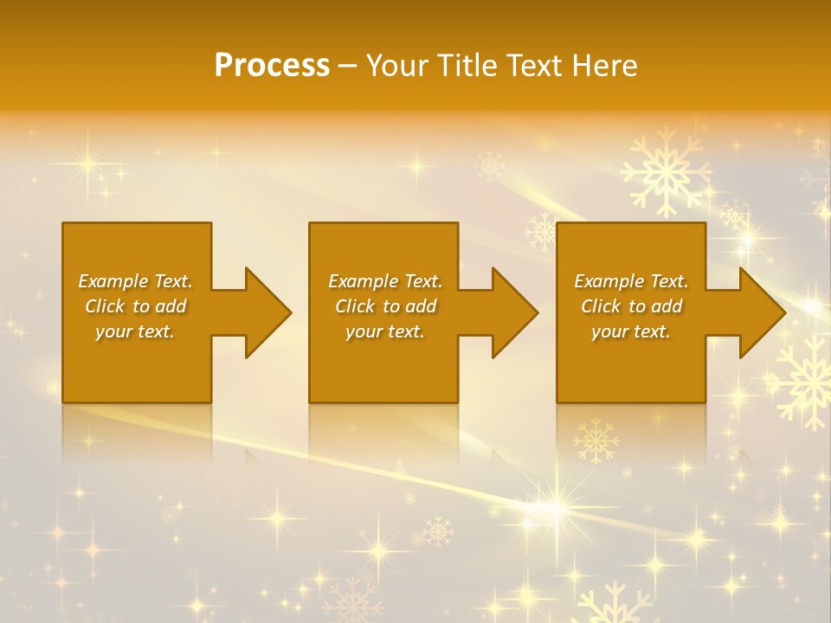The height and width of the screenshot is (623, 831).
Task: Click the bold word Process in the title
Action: click(272, 66)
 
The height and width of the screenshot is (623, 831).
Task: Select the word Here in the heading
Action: click(604, 66)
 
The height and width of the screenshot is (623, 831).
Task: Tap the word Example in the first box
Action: click(113, 281)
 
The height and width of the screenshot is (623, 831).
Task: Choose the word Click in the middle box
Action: click(354, 306)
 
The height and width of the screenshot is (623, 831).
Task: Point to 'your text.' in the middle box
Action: click(384, 331)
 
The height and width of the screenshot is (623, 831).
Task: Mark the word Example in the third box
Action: click(609, 281)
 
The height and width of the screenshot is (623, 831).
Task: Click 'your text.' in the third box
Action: click(631, 331)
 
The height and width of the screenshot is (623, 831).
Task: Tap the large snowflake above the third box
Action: click(665, 172)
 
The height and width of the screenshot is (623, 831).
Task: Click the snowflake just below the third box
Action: click(596, 440)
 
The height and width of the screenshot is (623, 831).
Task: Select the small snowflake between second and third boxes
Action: click(542, 232)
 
